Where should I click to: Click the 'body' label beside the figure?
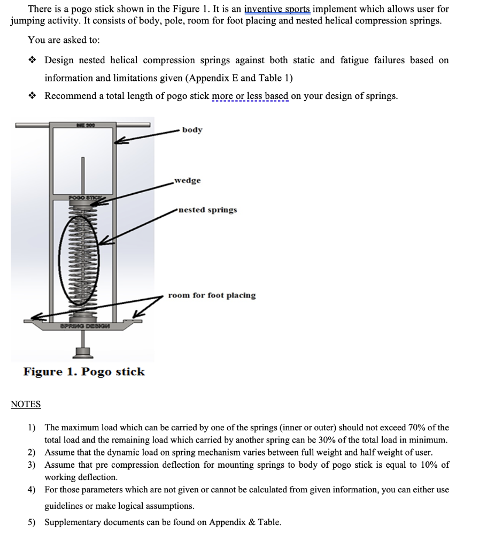tap(192, 130)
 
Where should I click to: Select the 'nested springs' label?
tap(207, 210)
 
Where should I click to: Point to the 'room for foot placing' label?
tap(212, 295)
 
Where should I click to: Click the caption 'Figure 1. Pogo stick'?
tap(84, 371)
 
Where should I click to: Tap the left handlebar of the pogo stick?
tap(32, 126)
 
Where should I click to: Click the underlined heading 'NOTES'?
tap(26, 405)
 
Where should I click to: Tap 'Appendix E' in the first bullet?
tap(212, 78)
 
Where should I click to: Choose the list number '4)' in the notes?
tap(32, 490)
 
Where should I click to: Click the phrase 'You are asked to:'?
tap(64, 40)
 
